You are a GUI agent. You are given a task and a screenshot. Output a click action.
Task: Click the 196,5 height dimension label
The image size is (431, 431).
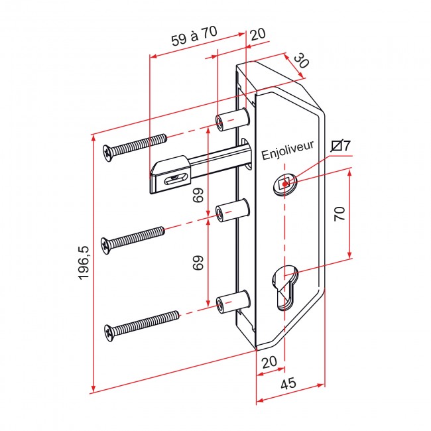(x=84, y=263)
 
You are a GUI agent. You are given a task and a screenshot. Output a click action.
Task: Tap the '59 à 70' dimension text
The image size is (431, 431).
(x=194, y=36)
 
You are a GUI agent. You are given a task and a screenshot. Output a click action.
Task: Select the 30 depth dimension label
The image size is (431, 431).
(x=301, y=61)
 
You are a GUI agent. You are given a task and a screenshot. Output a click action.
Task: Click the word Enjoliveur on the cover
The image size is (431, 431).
(x=287, y=150)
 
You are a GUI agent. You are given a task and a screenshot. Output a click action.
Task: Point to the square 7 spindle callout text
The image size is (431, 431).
(x=341, y=146)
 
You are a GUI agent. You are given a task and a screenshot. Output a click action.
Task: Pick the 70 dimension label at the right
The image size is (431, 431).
(x=339, y=214)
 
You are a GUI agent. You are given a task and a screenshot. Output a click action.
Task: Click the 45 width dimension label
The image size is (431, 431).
(x=288, y=383)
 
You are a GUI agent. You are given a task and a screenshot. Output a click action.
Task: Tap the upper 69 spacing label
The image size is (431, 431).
(x=198, y=195)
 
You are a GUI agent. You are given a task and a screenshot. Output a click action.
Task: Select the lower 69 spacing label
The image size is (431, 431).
(x=198, y=263)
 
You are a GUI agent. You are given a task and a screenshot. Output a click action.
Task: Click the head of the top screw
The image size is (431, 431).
(x=108, y=153)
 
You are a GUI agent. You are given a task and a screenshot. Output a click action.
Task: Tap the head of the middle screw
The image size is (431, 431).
(x=106, y=246)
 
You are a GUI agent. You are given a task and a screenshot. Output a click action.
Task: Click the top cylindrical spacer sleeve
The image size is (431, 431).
(x=233, y=119)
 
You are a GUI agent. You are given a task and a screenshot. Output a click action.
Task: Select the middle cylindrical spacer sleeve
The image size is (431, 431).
(x=233, y=210)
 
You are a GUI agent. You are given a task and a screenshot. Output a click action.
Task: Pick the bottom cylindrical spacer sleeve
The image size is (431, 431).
(x=233, y=301)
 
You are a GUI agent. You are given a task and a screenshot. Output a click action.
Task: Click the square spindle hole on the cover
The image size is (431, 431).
(x=284, y=184)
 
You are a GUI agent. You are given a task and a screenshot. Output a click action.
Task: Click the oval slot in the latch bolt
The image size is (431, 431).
(x=175, y=180)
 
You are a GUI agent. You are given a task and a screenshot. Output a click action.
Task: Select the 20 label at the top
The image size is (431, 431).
(x=257, y=34)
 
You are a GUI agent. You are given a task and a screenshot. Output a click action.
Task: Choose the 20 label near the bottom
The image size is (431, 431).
(x=269, y=362)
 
